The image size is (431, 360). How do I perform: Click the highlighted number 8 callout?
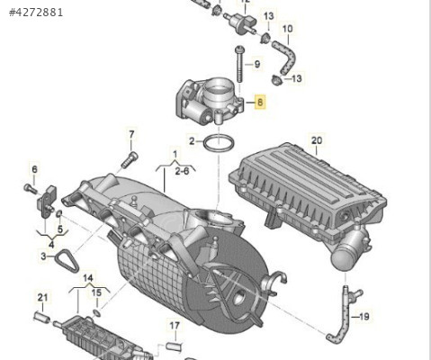pos(260,102)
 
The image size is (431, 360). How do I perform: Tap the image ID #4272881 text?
pos(36,13)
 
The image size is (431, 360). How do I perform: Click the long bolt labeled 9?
pos(239,64)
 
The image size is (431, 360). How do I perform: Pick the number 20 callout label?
pos(317,140)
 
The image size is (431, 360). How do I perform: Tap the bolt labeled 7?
pos(130,160)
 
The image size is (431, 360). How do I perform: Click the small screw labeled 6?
pos(31,189)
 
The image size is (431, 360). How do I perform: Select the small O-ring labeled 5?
pos(59,214)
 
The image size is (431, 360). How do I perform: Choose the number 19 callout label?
pos(364,317)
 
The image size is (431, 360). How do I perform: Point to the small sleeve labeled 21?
pos(42,317)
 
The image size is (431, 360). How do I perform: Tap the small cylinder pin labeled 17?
pos(175,346)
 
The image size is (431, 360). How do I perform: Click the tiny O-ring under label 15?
pos(97,313)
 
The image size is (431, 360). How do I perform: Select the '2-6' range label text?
pos(183,171)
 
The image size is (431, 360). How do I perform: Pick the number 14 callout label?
pos(88,278)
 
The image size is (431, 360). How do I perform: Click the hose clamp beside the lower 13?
pos(276,80)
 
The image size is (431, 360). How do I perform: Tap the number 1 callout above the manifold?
pos(175,154)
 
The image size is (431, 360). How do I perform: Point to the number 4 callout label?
pos(51,245)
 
